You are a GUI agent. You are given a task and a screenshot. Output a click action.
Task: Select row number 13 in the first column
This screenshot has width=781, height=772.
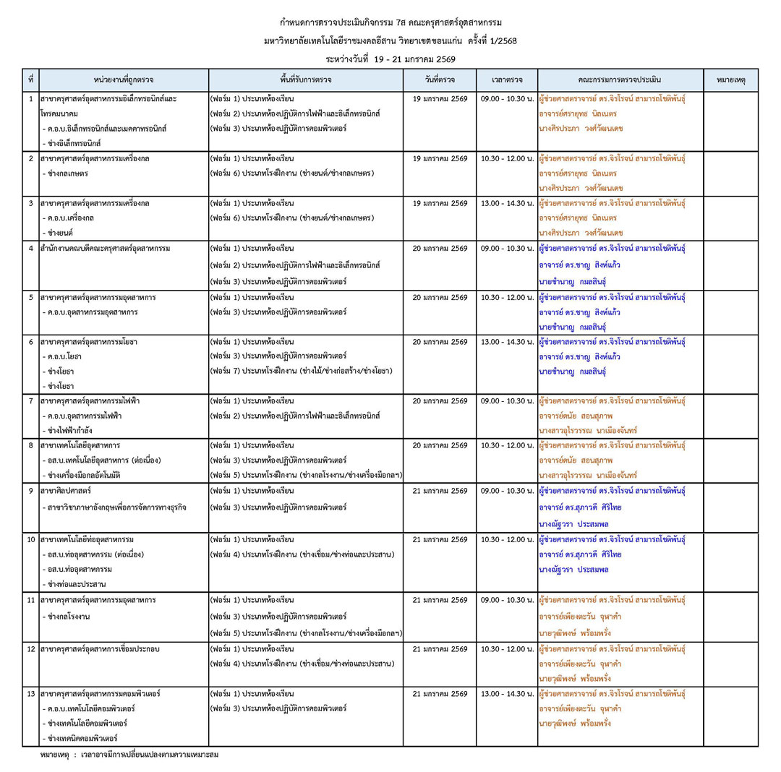[31, 694]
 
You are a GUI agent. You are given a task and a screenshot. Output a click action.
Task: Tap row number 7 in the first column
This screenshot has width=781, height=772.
[31, 400]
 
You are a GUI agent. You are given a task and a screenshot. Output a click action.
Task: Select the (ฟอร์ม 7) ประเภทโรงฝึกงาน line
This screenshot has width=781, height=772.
[300, 371]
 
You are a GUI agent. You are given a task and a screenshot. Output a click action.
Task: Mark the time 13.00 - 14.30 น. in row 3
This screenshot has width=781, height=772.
[506, 203]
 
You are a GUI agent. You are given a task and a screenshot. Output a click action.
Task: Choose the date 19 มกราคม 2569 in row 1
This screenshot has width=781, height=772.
[440, 98]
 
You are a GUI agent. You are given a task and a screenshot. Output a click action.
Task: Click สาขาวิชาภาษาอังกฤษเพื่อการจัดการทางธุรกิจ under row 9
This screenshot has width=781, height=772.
[116, 507]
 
